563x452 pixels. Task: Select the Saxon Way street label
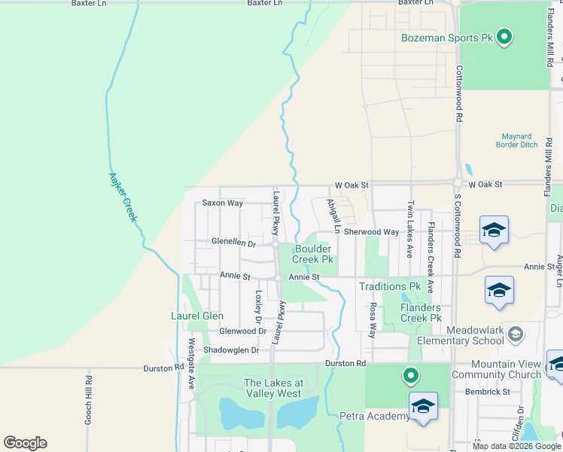pos(223,203)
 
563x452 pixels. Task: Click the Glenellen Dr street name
pos(234,243)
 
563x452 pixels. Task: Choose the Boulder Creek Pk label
pos(313,254)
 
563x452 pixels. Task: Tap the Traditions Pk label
pos(389,287)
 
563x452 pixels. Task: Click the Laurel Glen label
pos(196,316)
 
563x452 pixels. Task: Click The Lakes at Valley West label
pos(272,388)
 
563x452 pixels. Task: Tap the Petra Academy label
pos(374,416)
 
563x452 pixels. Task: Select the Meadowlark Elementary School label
pos(474,335)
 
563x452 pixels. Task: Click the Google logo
pos(25,442)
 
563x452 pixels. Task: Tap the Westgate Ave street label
pos(191,373)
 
